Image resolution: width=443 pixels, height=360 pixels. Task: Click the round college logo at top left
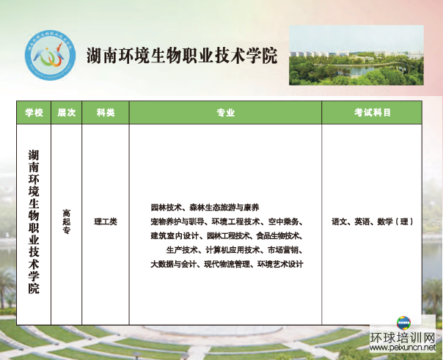click(x=51, y=55)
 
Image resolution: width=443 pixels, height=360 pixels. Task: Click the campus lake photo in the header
click(x=356, y=55)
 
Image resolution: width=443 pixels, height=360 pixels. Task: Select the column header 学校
click(x=34, y=113)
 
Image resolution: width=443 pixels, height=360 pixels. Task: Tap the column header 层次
click(x=67, y=113)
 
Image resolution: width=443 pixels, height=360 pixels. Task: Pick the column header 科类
click(x=106, y=113)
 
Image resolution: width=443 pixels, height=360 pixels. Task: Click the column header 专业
click(x=225, y=113)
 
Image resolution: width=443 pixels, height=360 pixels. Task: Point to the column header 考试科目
click(x=372, y=113)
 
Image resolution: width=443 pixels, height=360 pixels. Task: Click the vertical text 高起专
click(x=67, y=221)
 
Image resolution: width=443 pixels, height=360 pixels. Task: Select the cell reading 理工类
click(x=106, y=221)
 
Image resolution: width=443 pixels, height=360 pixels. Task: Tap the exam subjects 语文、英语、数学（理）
click(x=372, y=221)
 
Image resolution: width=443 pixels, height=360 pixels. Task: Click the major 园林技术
click(x=166, y=207)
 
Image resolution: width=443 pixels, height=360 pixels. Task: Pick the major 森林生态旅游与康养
click(x=224, y=207)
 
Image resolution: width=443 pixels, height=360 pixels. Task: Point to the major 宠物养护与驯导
click(x=177, y=222)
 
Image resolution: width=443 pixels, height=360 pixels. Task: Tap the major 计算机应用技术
click(x=233, y=250)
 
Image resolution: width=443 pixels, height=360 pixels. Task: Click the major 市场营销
click(x=283, y=250)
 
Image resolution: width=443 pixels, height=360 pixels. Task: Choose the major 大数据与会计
click(x=173, y=264)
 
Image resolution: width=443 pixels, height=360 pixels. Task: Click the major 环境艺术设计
click(x=280, y=264)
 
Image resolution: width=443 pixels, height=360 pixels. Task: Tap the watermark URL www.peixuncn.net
click(x=403, y=348)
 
